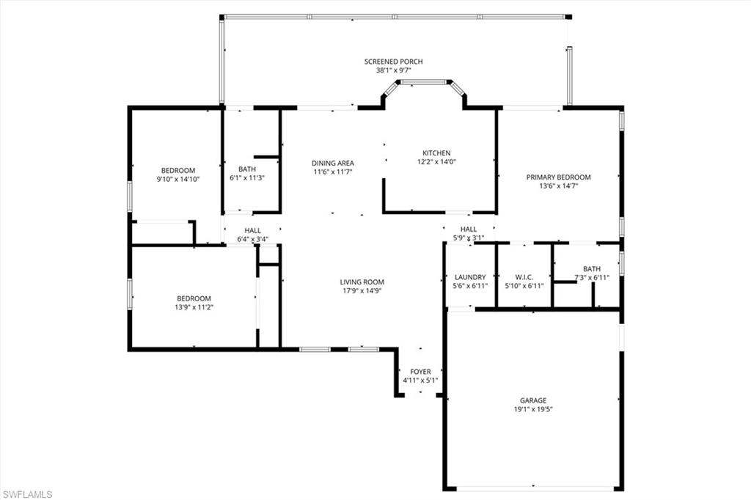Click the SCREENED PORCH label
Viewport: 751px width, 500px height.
[x=393, y=62]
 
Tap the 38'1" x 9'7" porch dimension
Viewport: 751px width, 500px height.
[x=393, y=70]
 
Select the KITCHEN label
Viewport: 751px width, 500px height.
[x=436, y=153]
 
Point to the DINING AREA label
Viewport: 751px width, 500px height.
[x=333, y=163]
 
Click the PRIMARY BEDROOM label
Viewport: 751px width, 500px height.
[x=558, y=177]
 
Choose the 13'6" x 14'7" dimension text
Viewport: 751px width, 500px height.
[x=558, y=186]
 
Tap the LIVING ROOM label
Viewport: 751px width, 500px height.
[x=362, y=282]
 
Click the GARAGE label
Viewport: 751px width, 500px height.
[x=533, y=400]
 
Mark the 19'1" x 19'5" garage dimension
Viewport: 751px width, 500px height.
[x=533, y=410]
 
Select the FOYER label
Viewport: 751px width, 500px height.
[x=420, y=372]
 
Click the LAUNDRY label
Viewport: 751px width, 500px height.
[x=470, y=276]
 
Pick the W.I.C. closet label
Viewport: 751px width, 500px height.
[x=524, y=276]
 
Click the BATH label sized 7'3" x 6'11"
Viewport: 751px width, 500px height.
[x=591, y=268]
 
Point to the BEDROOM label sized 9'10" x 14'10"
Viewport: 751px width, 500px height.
[x=178, y=170]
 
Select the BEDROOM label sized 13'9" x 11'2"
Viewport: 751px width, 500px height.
[x=194, y=298]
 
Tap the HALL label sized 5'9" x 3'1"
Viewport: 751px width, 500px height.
[x=469, y=229]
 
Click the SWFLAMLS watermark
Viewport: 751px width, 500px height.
[x=27, y=494]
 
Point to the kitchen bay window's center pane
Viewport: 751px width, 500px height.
[x=424, y=82]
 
